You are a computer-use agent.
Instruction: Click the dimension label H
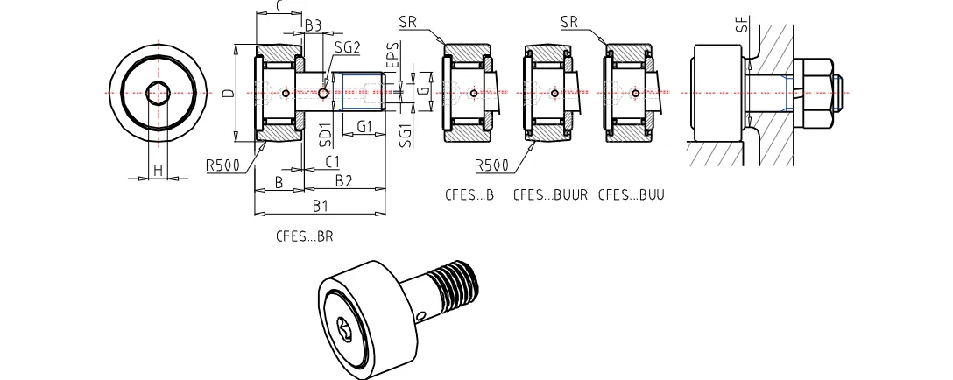[x=159, y=169]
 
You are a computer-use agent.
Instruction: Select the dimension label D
[x=227, y=92]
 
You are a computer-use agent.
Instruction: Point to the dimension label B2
[x=343, y=180]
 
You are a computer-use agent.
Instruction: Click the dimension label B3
[x=313, y=25]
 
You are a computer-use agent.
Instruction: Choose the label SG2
[x=347, y=46]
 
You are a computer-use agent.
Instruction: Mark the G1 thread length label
[x=364, y=127]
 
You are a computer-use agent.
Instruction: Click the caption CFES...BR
[x=305, y=236]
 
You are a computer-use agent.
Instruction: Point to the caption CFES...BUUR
[x=550, y=194]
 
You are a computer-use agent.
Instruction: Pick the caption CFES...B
[x=469, y=194]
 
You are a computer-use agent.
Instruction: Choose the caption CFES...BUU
[x=631, y=194]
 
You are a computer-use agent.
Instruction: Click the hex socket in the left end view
[x=159, y=92]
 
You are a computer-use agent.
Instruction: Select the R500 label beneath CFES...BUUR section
[x=491, y=165]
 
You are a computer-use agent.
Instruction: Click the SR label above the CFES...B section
[x=407, y=21]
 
